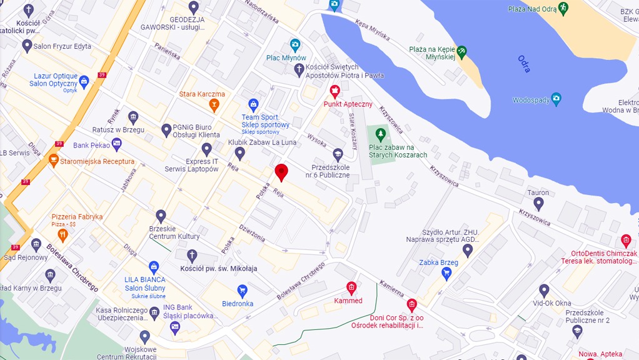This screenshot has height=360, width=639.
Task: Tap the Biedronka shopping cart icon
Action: tap(243, 290)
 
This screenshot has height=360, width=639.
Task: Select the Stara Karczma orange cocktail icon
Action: tap(214, 104)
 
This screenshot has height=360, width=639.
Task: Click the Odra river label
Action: tap(524, 64)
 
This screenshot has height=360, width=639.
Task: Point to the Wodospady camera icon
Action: tap(556, 99)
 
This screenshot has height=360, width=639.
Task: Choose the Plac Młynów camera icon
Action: tap(294, 45)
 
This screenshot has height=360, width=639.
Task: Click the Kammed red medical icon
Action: tap(351, 287)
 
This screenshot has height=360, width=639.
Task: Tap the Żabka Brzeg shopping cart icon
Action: tap(446, 273)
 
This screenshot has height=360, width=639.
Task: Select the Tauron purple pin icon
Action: tap(538, 203)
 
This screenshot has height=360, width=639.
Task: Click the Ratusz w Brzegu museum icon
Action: tap(133, 117)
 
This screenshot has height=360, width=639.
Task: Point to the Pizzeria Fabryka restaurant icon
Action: tap(62, 235)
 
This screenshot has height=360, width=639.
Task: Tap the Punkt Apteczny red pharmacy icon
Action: tap(335, 91)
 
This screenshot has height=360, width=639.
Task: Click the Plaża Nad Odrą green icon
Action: tap(563, 8)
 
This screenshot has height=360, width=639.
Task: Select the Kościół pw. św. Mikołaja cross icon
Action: tap(193, 256)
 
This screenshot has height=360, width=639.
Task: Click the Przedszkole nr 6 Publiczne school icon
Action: tap(338, 154)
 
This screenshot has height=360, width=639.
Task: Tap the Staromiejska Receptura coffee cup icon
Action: tap(54, 160)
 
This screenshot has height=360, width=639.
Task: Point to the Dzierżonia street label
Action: tap(252, 233)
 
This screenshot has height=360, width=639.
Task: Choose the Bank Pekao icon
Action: tap(116, 144)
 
